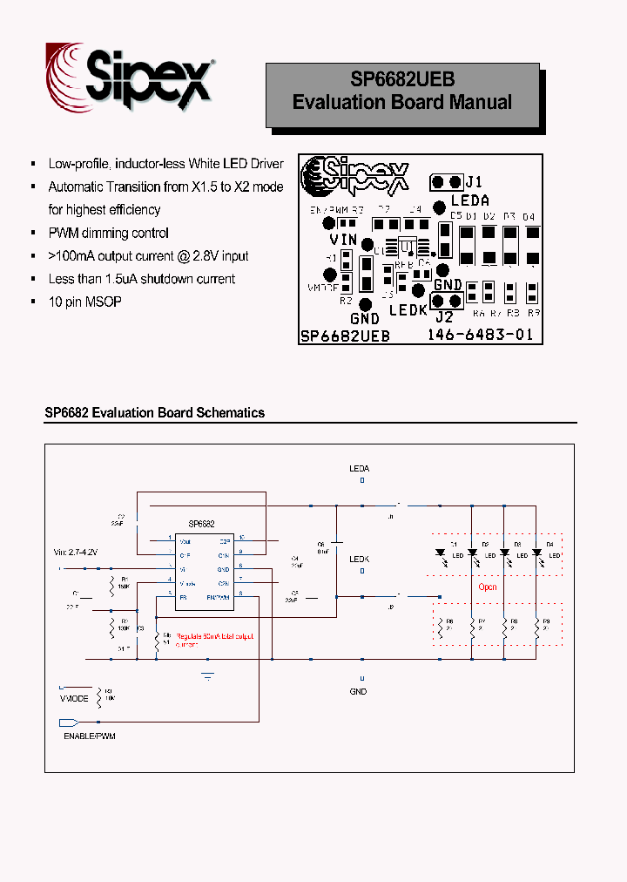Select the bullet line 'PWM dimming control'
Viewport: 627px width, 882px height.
point(108,233)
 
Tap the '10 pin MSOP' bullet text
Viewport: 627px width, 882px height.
point(84,302)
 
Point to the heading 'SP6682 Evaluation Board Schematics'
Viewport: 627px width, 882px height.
point(154,413)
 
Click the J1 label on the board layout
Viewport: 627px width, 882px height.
point(474,182)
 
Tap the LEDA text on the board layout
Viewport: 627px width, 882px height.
point(469,200)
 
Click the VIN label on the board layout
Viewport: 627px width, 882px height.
point(343,240)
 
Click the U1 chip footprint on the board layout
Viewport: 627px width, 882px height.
point(407,245)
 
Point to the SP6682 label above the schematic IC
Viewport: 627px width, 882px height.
point(201,524)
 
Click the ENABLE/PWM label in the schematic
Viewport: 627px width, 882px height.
point(89,736)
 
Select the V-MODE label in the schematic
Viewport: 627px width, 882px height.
point(74,698)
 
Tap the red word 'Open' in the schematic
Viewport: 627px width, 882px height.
point(488,587)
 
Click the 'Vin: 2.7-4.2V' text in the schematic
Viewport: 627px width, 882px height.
point(76,553)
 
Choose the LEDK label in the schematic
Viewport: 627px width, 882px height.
point(359,559)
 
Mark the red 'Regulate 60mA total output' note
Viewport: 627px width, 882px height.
point(214,637)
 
